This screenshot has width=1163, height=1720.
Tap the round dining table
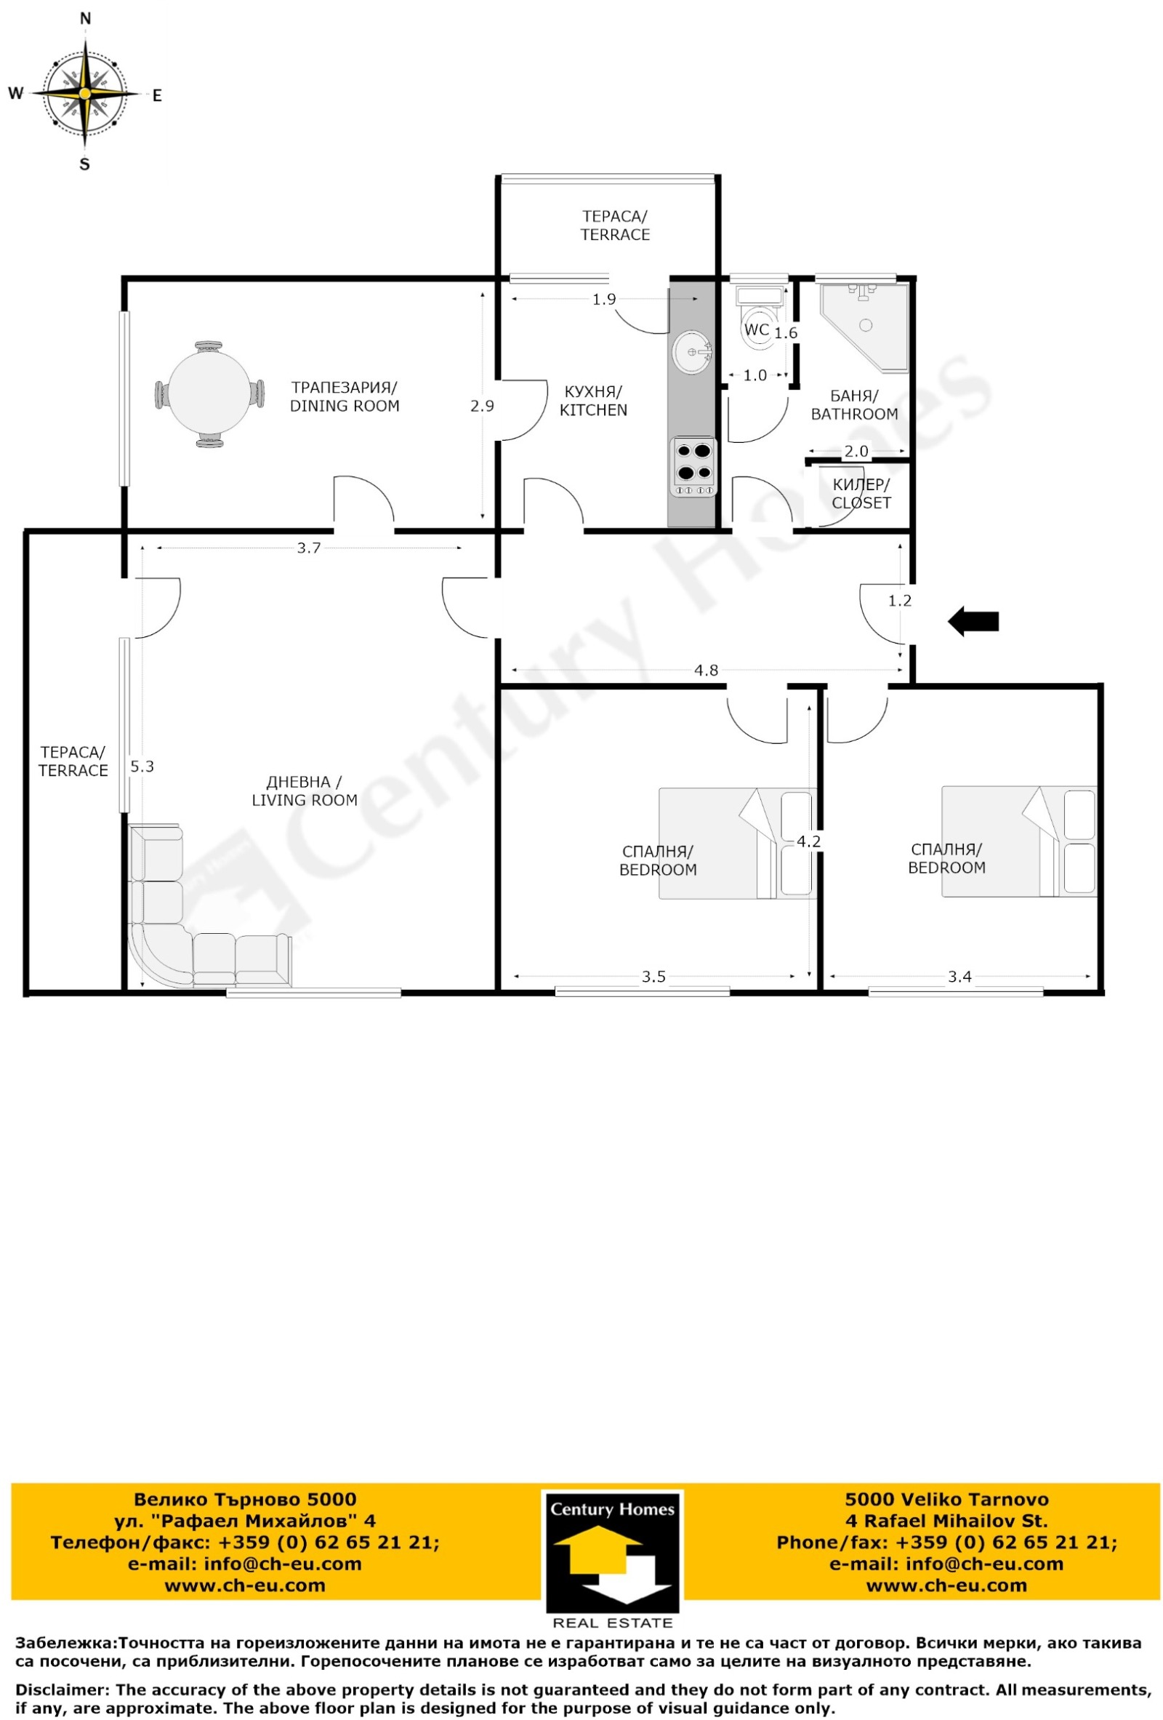click(x=209, y=393)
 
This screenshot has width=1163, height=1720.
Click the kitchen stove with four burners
click(x=693, y=466)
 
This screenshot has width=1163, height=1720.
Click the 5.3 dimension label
click(x=142, y=767)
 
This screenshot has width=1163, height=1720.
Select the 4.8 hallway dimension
click(x=706, y=671)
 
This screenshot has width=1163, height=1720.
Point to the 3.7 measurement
click(x=308, y=548)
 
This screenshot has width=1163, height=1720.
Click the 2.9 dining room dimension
click(x=482, y=406)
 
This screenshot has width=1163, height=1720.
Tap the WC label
click(x=756, y=329)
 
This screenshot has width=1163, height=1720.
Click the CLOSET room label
click(x=861, y=503)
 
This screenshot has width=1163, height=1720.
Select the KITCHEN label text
click(x=593, y=410)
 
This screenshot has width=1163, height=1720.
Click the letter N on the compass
click(x=85, y=19)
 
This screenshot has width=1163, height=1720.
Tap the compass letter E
click(x=157, y=95)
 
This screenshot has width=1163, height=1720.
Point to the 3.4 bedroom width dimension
click(x=959, y=976)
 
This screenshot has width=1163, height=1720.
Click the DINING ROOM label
click(x=345, y=406)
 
